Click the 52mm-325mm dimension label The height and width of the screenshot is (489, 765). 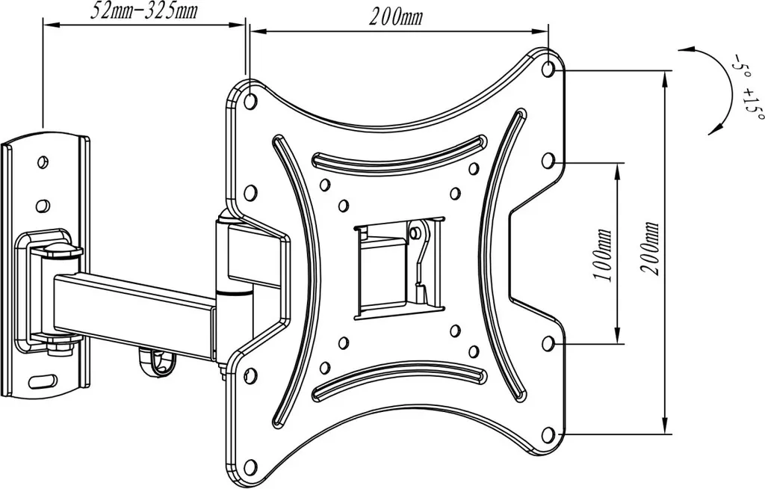(144, 10)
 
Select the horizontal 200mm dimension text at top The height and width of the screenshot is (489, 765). (395, 18)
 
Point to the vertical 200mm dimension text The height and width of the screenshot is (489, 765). (651, 249)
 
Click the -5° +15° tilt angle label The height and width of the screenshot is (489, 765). (745, 88)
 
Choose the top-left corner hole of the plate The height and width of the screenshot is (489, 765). (251, 101)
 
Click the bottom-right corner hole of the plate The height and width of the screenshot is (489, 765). (548, 434)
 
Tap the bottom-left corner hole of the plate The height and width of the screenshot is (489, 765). (251, 464)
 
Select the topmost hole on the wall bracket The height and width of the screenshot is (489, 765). (43, 161)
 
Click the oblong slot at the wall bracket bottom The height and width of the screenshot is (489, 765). (43, 378)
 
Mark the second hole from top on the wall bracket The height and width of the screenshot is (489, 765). (43, 204)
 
